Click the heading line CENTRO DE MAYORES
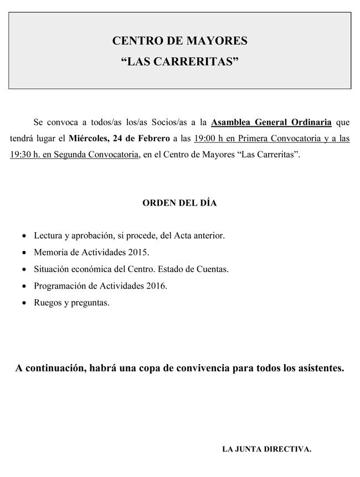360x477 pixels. (179, 41)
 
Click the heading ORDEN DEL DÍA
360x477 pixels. (179, 203)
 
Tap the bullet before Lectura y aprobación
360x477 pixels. (23, 236)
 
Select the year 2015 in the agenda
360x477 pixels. (138, 253)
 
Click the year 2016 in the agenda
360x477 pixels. (156, 286)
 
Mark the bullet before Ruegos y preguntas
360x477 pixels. (23, 303)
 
